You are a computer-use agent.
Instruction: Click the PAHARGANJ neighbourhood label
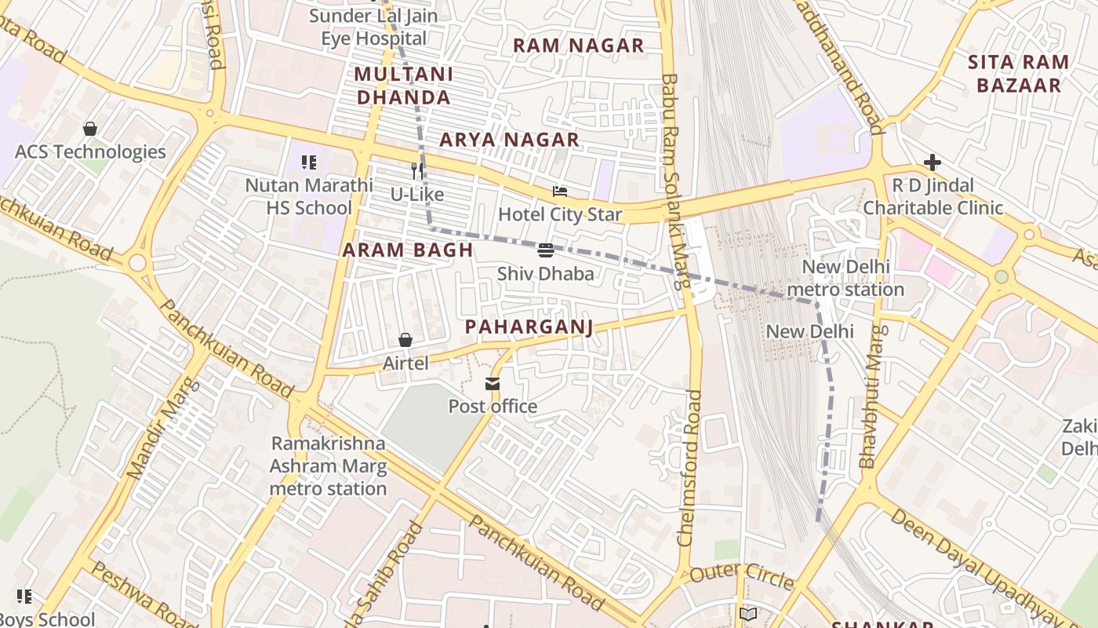coord(529,327)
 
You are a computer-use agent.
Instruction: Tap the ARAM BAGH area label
coord(408,250)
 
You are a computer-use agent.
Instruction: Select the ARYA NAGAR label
coord(509,140)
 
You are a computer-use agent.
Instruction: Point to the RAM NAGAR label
coord(578,46)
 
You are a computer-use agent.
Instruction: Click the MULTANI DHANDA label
coord(404,86)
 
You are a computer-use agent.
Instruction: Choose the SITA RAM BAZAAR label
coord(1018,73)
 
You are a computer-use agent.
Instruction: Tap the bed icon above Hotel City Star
coord(560,192)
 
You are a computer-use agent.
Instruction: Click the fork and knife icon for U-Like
coord(417,171)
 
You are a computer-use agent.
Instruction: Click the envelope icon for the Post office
coord(493,384)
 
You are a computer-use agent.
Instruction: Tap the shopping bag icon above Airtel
coord(405,340)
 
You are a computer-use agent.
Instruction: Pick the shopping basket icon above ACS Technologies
coord(90,129)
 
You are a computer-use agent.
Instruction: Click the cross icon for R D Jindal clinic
coord(933,162)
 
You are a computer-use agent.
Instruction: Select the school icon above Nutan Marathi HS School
coord(309,162)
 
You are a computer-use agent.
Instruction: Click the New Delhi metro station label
coord(845,278)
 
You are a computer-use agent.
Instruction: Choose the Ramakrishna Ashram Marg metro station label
coord(329,466)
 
